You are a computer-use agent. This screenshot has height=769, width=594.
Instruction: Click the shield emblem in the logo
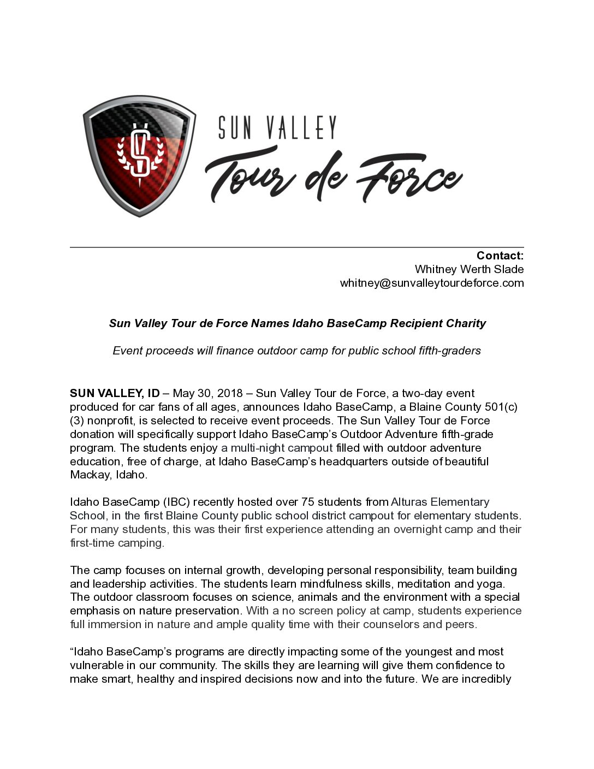tap(139, 155)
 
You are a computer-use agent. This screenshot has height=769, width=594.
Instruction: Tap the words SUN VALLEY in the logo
tap(277, 127)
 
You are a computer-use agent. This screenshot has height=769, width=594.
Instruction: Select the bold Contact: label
tap(500, 256)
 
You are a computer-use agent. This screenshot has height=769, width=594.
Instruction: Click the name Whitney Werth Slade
tap(469, 269)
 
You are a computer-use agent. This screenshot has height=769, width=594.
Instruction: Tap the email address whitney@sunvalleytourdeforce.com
tap(431, 283)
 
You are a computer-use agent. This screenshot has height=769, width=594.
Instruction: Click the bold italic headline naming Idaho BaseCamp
tap(297, 323)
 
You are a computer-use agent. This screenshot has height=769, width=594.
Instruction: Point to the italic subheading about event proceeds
tap(296, 351)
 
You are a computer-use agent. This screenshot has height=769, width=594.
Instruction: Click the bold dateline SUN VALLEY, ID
tap(115, 393)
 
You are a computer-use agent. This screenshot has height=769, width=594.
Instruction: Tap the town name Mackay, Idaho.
tap(108, 475)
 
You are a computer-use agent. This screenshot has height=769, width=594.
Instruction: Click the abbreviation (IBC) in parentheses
tap(176, 502)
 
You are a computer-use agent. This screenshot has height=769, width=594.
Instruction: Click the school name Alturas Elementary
tap(440, 502)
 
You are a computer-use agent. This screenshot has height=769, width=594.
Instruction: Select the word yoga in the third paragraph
tap(491, 584)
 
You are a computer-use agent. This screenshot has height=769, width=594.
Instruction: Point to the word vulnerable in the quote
tap(97, 665)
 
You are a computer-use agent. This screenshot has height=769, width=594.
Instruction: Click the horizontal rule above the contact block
tap(296, 247)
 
